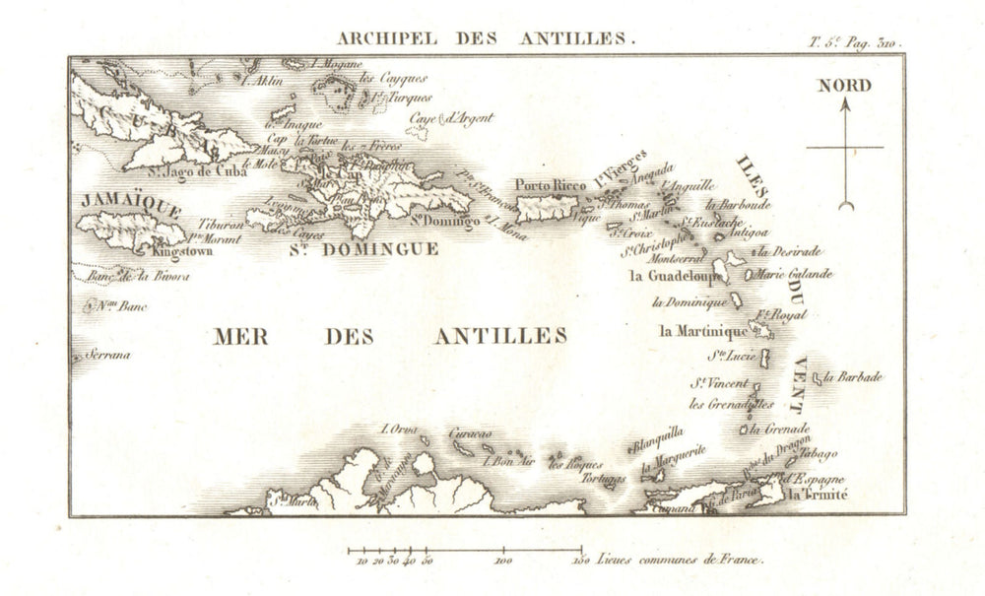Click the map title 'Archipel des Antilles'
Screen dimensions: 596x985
tap(487, 39)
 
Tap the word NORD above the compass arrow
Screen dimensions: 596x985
tap(844, 86)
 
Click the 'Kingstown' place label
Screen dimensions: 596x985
tap(181, 252)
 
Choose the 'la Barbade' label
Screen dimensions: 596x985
tap(853, 377)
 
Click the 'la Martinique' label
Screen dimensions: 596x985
tap(703, 331)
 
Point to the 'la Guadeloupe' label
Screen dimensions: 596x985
tap(672, 276)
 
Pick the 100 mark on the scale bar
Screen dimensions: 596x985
tap(505, 562)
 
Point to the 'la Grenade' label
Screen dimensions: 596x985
tap(779, 430)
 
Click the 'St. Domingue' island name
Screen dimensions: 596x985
tap(363, 249)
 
